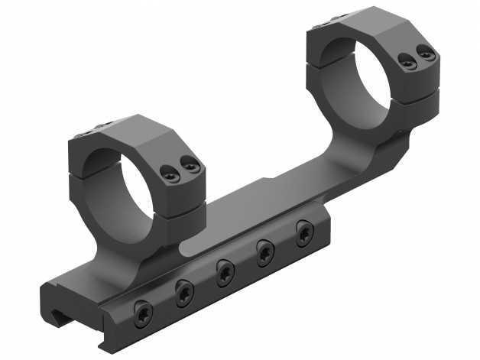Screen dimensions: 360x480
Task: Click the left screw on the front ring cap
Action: pyautogui.click(x=172, y=176)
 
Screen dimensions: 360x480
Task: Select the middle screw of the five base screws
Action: pyautogui.click(x=225, y=269)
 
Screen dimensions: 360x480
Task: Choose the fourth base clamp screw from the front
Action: pyautogui.click(x=265, y=248)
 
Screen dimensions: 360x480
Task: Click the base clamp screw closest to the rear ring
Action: pyautogui.click(x=305, y=229)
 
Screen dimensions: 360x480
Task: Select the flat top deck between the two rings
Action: pyautogui.click(x=260, y=199)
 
